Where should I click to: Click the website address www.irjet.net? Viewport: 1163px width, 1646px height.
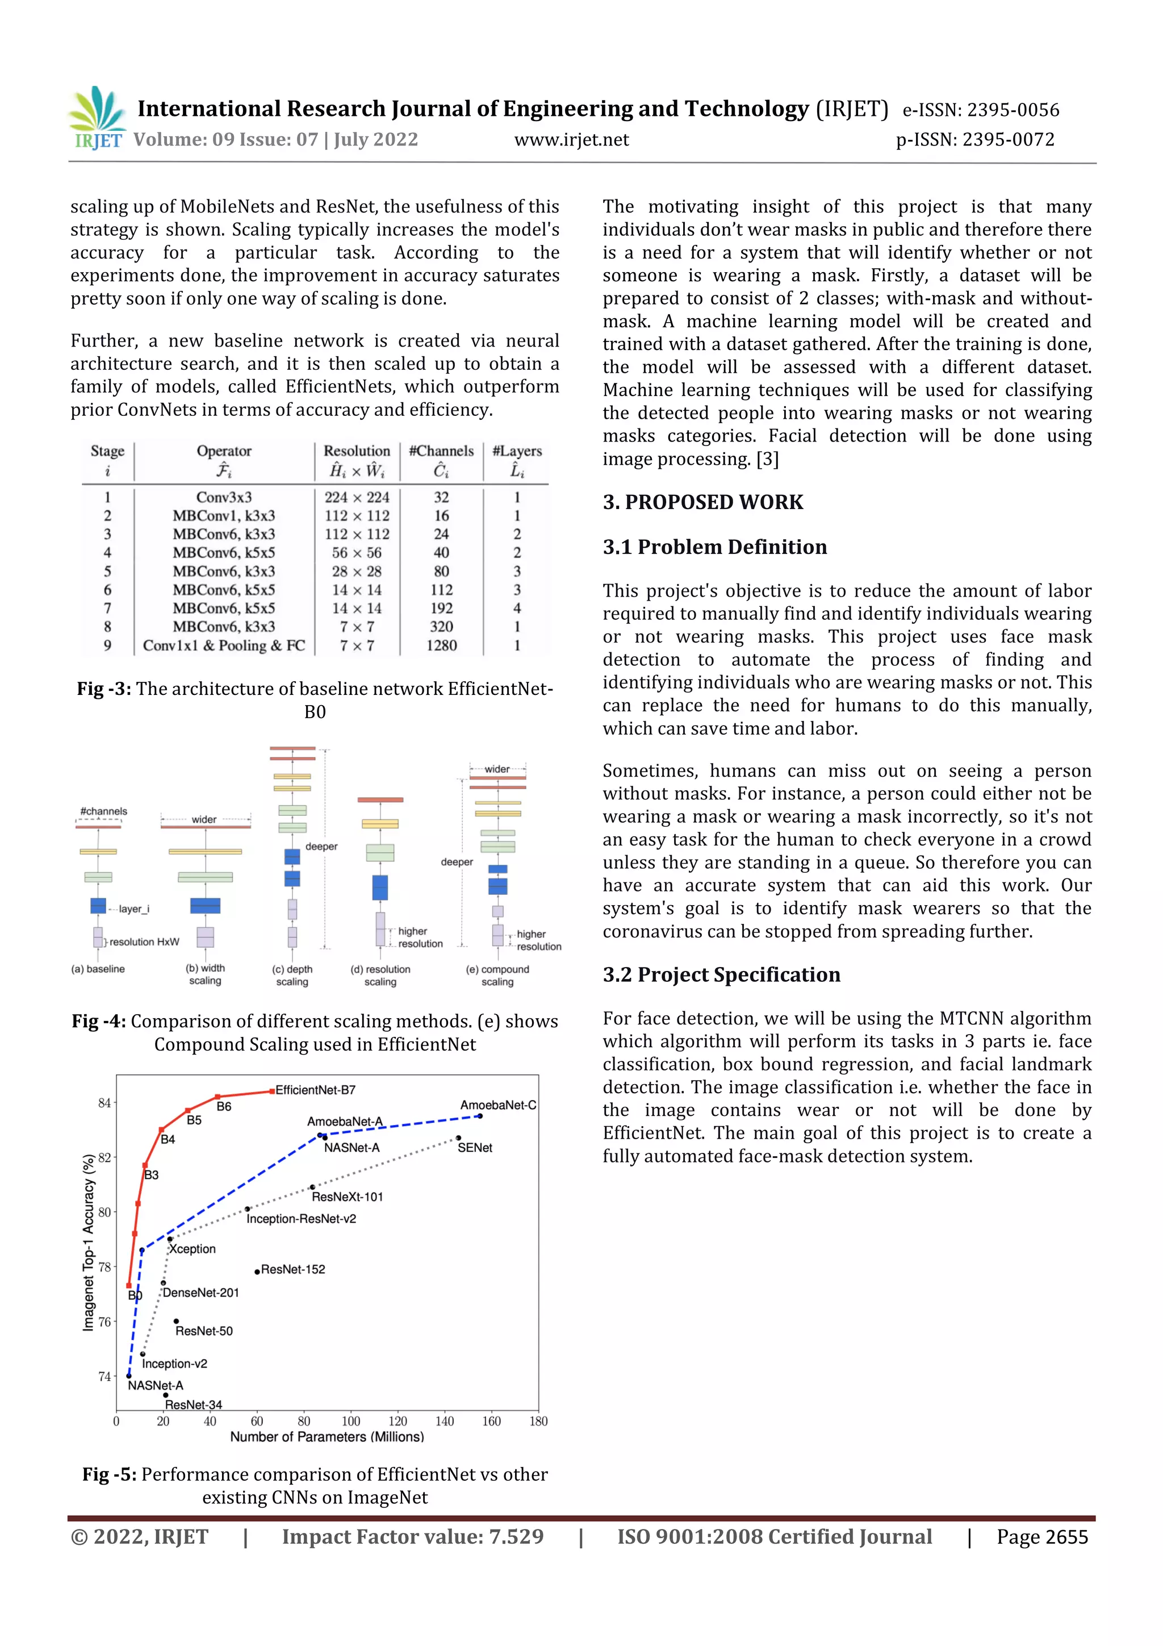click(571, 140)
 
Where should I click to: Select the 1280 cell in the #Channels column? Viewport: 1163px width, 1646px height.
click(441, 645)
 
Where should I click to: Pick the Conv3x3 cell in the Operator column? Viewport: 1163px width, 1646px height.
click(224, 497)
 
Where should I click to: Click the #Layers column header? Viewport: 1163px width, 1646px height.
click(517, 451)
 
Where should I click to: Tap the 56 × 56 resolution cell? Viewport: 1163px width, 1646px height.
click(356, 553)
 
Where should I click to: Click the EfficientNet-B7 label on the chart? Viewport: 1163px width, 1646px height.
click(315, 1090)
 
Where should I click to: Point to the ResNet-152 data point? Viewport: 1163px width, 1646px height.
click(257, 1272)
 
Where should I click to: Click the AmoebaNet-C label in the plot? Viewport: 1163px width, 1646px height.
click(498, 1105)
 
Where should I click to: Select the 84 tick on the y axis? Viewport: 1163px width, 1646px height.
click(104, 1103)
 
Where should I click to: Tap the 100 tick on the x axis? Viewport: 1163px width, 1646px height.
click(350, 1422)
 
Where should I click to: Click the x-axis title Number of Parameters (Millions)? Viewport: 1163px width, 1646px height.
click(327, 1437)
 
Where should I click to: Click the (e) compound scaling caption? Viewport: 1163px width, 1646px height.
click(497, 975)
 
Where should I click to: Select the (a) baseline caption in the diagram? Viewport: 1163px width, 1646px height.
click(98, 969)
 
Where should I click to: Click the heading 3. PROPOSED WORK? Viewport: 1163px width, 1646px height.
click(702, 502)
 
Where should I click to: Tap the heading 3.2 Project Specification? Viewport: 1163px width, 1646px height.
click(721, 974)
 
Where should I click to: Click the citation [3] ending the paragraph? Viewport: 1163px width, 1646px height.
click(767, 459)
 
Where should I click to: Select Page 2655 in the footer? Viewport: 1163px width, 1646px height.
click(1042, 1536)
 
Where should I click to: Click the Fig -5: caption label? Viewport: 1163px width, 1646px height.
click(109, 1474)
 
